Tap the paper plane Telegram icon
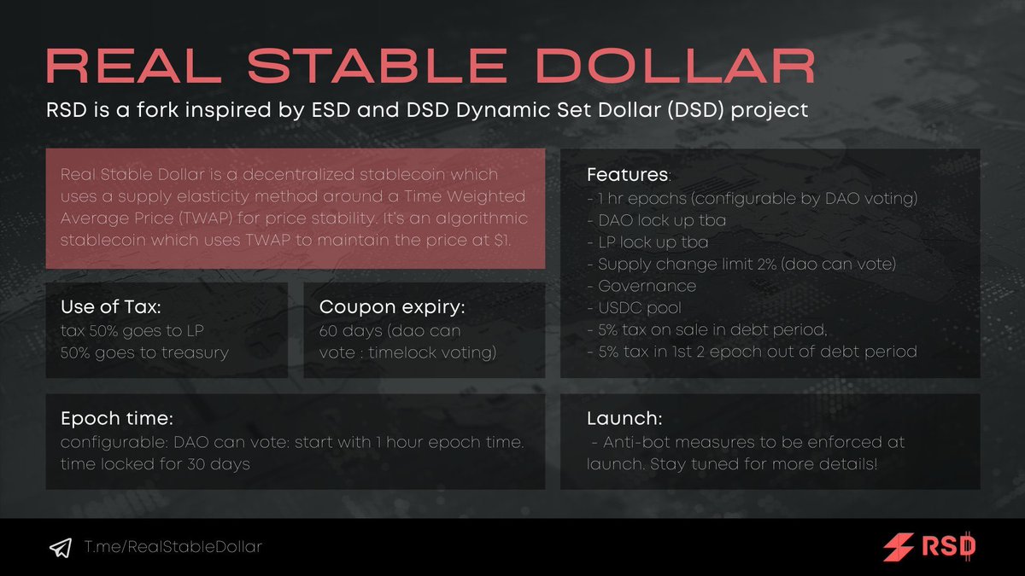[x=60, y=547]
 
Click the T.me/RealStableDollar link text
[x=173, y=547]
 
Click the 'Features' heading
[x=628, y=175]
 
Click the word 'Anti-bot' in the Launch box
[x=638, y=442]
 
